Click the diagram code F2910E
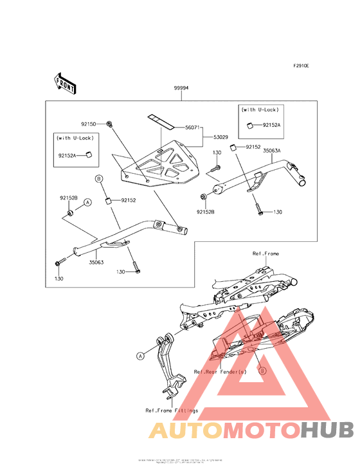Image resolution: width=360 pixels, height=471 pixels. pos(301,66)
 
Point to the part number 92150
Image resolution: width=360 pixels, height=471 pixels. pos(88,122)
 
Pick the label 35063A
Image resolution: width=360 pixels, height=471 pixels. pos(271,150)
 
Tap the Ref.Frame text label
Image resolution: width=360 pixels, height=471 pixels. pos(265,254)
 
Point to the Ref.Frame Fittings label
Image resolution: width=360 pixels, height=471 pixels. pos(172,410)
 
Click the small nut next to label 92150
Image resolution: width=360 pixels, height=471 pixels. pos(111,122)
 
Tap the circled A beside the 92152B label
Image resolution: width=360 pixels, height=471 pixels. pos(88,201)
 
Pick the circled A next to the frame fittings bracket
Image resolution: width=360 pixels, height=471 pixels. pos(140,355)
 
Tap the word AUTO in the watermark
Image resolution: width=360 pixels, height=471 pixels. pos(181,430)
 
